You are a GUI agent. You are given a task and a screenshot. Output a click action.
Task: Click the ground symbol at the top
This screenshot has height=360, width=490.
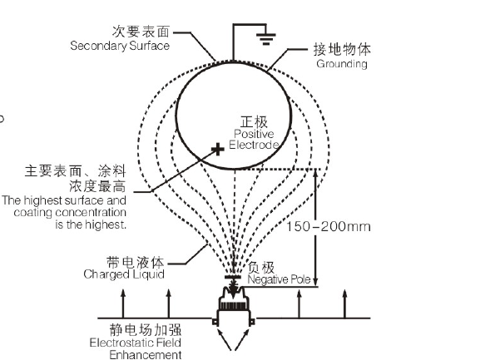(266, 39)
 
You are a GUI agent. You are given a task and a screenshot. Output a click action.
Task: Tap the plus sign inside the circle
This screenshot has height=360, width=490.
(218, 150)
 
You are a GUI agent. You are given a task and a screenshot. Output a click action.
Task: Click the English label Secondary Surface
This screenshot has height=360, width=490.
(120, 46)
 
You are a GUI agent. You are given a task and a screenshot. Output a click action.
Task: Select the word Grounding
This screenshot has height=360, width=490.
(342, 64)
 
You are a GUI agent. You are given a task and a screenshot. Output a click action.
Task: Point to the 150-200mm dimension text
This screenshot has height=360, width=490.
(329, 226)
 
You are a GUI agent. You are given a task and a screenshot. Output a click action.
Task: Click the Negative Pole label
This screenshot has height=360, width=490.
(279, 279)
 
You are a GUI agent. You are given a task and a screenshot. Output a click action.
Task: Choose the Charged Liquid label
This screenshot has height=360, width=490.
(124, 274)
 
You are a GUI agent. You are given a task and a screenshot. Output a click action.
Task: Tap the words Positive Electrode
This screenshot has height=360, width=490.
(254, 139)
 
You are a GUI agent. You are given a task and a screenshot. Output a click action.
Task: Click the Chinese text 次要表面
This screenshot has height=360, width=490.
(141, 32)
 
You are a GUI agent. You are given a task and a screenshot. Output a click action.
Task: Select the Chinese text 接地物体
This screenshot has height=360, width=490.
(342, 49)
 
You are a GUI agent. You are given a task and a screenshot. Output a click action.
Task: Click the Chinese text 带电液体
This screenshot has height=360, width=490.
(136, 262)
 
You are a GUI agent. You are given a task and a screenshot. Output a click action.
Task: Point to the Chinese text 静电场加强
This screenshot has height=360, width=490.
(146, 330)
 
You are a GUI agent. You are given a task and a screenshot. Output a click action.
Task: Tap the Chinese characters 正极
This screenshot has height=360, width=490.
(254, 121)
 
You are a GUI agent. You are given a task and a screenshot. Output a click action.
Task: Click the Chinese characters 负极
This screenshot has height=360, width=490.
(261, 268)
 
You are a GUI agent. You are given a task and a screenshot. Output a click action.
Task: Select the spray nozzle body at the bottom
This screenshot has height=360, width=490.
(234, 306)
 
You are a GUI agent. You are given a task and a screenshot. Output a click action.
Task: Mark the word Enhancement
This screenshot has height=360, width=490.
(146, 355)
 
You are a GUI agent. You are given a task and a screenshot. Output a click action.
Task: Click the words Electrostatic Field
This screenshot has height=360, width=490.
(136, 343)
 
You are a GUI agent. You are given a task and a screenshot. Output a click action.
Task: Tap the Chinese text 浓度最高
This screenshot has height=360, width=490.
(97, 186)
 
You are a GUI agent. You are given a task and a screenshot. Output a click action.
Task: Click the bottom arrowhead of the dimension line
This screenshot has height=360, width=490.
(315, 281)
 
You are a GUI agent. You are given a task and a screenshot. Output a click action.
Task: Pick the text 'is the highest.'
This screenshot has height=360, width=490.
(91, 224)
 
